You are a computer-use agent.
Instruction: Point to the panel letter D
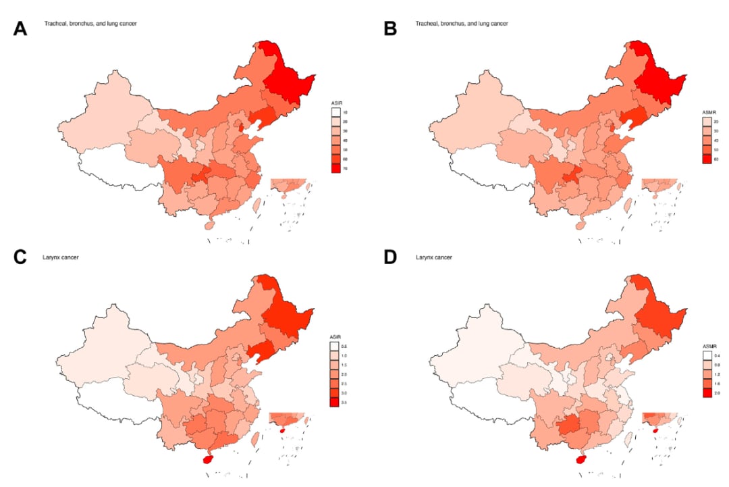(390, 257)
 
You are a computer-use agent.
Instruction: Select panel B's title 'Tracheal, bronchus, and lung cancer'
(462, 24)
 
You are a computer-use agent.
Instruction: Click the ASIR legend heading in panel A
(335, 102)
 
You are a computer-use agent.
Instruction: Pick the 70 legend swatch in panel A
(335, 168)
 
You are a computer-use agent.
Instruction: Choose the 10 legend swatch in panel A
(335, 111)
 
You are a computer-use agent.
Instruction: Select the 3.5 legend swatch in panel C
(335, 403)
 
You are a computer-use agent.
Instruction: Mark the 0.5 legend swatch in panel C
(335, 345)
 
